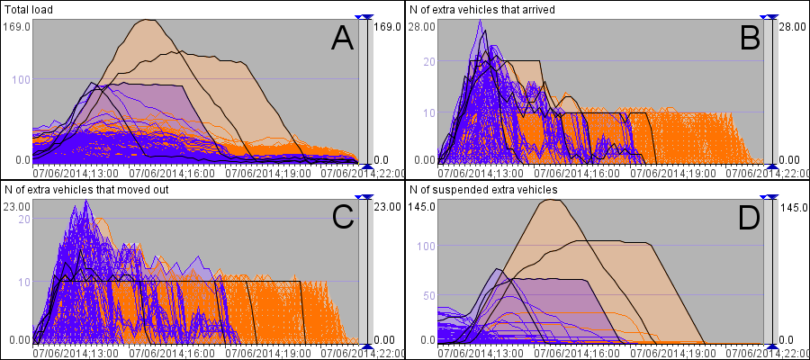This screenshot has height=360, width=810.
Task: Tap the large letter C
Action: pyautogui.click(x=341, y=217)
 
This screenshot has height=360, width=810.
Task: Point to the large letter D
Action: pyautogui.click(x=746, y=217)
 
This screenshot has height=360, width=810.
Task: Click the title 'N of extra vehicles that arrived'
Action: pyautogui.click(x=481, y=10)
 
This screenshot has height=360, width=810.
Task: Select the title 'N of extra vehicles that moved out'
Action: pyautogui.click(x=86, y=190)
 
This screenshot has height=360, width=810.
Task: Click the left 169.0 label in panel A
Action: pyautogui.click(x=18, y=27)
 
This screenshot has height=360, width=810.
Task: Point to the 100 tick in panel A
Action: pyautogui.click(x=22, y=79)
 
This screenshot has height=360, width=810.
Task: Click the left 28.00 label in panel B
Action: pyautogui.click(x=423, y=27)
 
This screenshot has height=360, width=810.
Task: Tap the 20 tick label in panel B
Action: pyautogui.click(x=429, y=61)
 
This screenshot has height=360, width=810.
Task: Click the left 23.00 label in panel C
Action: pyautogui.click(x=18, y=207)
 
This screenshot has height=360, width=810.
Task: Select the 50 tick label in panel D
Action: pyautogui.click(x=429, y=295)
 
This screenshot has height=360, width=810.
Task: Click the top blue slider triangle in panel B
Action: pyautogui.click(x=769, y=17)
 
